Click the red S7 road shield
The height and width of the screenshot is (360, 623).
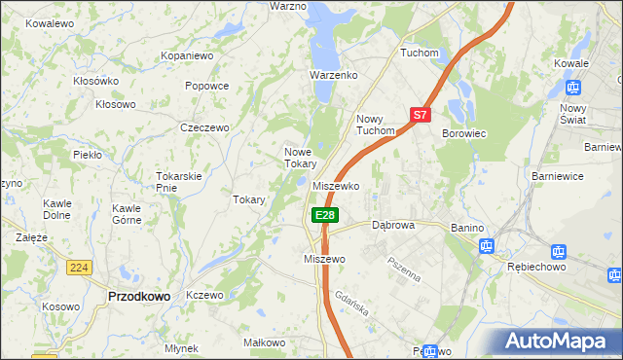pos(420,114)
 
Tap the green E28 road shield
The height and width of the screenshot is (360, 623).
pos(325,215)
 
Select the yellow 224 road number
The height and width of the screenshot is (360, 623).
pos(80,267)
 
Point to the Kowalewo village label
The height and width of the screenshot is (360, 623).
pos(51,22)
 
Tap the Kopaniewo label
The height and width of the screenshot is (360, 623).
pos(187,56)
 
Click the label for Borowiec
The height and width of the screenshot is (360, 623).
pos(464,133)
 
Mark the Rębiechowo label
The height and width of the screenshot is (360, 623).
pos(538,265)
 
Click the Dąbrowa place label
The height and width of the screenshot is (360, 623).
pos(393,225)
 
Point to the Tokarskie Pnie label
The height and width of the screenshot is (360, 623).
pos(179,181)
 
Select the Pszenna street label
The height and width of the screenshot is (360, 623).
pos(404,268)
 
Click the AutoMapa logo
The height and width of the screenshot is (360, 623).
pos(557,342)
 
